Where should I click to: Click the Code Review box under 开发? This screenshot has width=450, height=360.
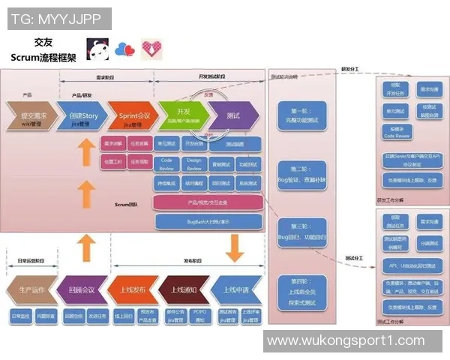click(x=167, y=163)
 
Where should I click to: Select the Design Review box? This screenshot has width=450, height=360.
click(x=193, y=163)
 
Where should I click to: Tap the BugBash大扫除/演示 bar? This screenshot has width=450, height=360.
click(x=208, y=222)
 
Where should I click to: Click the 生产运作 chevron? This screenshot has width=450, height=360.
click(x=28, y=290)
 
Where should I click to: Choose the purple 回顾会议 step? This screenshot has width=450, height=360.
click(x=81, y=290)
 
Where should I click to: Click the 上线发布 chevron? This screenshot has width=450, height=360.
click(x=132, y=290)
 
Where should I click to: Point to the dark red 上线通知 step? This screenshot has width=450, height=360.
click(x=183, y=290)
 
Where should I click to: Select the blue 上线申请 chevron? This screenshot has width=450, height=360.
click(x=235, y=290)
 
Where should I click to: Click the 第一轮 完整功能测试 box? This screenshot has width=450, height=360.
click(x=302, y=114)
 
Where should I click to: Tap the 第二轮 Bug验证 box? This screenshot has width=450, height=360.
click(x=302, y=175)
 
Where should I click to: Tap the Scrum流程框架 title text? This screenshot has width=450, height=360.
click(x=43, y=57)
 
